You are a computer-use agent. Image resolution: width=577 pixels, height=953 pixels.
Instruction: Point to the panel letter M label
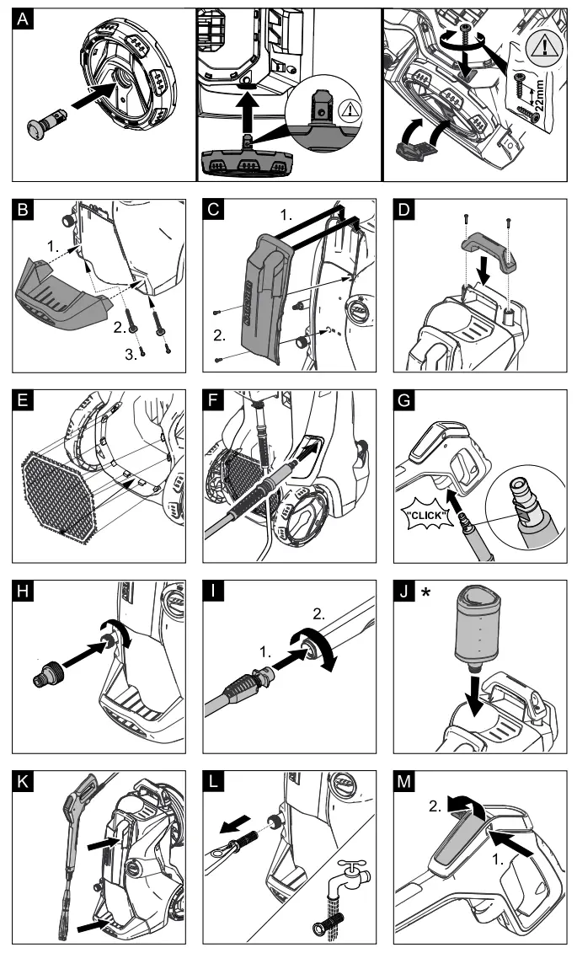(x=408, y=781)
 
